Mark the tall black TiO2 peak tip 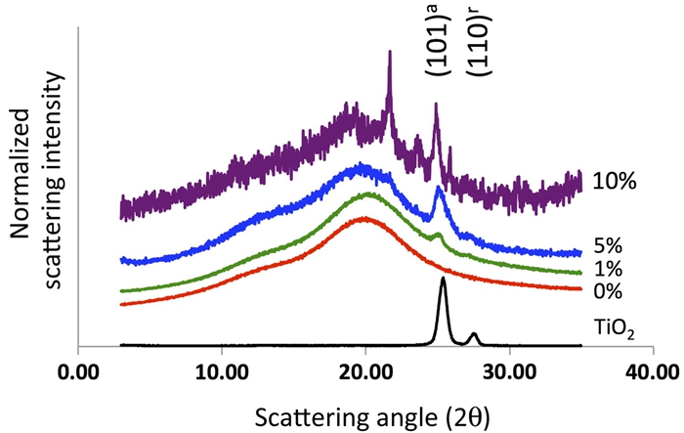coord(443,279)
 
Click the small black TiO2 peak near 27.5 coord(474,334)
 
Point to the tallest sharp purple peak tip coord(390,53)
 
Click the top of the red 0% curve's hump coord(365,218)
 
